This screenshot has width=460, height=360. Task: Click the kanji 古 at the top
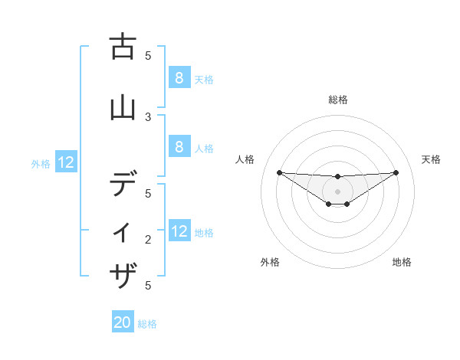[x=122, y=47]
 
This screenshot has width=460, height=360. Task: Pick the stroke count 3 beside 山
[x=149, y=116]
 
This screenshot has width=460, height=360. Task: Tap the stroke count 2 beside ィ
[x=149, y=240]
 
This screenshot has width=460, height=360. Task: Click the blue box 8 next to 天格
[x=179, y=77]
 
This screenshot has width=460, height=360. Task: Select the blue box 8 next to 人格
[x=179, y=147]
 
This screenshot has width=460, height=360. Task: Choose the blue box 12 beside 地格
[x=179, y=231]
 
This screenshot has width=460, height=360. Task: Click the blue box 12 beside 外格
[x=66, y=162]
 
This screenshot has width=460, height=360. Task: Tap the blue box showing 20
[x=123, y=322]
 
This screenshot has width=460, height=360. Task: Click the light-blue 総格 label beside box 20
[x=147, y=324]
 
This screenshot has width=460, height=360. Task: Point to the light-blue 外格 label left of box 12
[x=41, y=163]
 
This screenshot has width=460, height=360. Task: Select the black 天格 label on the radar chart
[x=431, y=159]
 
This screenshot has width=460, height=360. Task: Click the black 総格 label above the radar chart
[x=338, y=100]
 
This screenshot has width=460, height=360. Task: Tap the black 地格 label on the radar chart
[x=402, y=263]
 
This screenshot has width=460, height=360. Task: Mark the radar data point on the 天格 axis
[x=396, y=172]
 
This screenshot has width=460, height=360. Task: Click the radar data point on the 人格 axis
[x=279, y=172]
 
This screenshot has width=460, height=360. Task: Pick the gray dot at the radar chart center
[x=337, y=191]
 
